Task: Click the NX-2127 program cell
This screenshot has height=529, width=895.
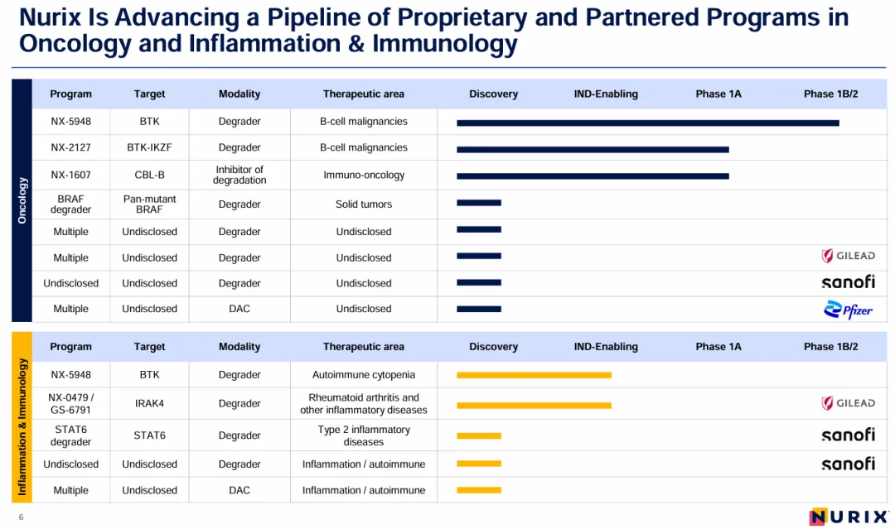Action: [x=70, y=147]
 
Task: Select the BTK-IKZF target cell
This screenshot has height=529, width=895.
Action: [x=149, y=147]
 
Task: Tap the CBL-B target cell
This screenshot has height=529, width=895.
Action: [x=149, y=175]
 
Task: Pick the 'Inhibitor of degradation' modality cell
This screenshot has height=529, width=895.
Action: [x=239, y=175]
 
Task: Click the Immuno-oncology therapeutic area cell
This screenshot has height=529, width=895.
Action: [x=364, y=175]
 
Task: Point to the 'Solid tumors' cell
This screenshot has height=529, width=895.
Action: [x=364, y=204]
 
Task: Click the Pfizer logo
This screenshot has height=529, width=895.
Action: [x=848, y=310]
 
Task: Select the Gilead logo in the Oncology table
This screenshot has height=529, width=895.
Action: [x=848, y=257]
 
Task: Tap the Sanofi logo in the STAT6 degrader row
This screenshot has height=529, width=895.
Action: [x=848, y=435]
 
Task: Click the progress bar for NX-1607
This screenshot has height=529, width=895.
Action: [x=593, y=176]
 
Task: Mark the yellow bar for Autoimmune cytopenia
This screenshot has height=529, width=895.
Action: [x=534, y=375]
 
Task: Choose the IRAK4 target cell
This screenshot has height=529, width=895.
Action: [x=149, y=403]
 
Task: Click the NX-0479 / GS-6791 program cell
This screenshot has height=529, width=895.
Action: [x=70, y=403]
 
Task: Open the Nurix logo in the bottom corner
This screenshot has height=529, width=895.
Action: [x=848, y=517]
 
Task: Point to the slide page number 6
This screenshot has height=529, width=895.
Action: [x=22, y=517]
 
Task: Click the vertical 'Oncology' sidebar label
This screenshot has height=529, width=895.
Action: [x=22, y=200]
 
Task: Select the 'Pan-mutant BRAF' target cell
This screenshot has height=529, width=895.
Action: [x=149, y=204]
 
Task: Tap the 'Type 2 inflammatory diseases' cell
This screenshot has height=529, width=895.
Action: [x=364, y=435]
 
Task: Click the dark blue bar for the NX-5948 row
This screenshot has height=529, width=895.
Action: [x=647, y=123]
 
